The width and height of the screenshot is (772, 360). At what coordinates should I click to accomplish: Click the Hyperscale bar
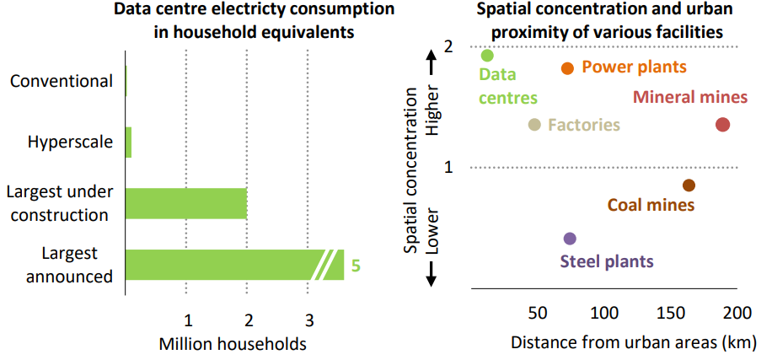(x=129, y=142)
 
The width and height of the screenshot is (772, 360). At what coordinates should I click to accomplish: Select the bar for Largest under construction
(x=186, y=203)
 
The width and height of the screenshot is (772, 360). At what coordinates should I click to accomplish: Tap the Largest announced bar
(x=223, y=264)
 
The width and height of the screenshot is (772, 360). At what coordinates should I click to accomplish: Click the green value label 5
(x=356, y=266)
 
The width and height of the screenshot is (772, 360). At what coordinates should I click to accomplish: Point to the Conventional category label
(x=61, y=81)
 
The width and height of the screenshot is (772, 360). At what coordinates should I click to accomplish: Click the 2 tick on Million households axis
(x=249, y=320)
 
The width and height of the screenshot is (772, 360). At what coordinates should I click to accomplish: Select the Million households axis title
(x=232, y=344)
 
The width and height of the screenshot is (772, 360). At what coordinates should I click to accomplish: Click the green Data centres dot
(x=487, y=56)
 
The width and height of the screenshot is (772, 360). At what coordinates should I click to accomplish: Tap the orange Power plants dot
(x=567, y=68)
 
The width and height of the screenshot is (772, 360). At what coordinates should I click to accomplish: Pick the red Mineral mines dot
(x=722, y=125)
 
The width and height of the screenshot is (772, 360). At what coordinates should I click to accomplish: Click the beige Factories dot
(x=534, y=125)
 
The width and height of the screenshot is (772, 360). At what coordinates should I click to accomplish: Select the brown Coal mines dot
(x=689, y=185)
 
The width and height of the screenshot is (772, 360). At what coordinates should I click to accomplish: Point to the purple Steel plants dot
(x=570, y=239)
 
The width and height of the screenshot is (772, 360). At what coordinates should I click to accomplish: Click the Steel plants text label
(x=607, y=261)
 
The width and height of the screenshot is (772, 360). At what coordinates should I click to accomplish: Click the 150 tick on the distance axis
(x=671, y=314)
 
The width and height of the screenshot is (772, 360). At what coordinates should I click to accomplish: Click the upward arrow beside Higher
(x=431, y=60)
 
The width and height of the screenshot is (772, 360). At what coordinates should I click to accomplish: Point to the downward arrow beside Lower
(x=431, y=271)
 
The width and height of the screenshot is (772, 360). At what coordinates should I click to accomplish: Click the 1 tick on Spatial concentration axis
(x=448, y=167)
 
